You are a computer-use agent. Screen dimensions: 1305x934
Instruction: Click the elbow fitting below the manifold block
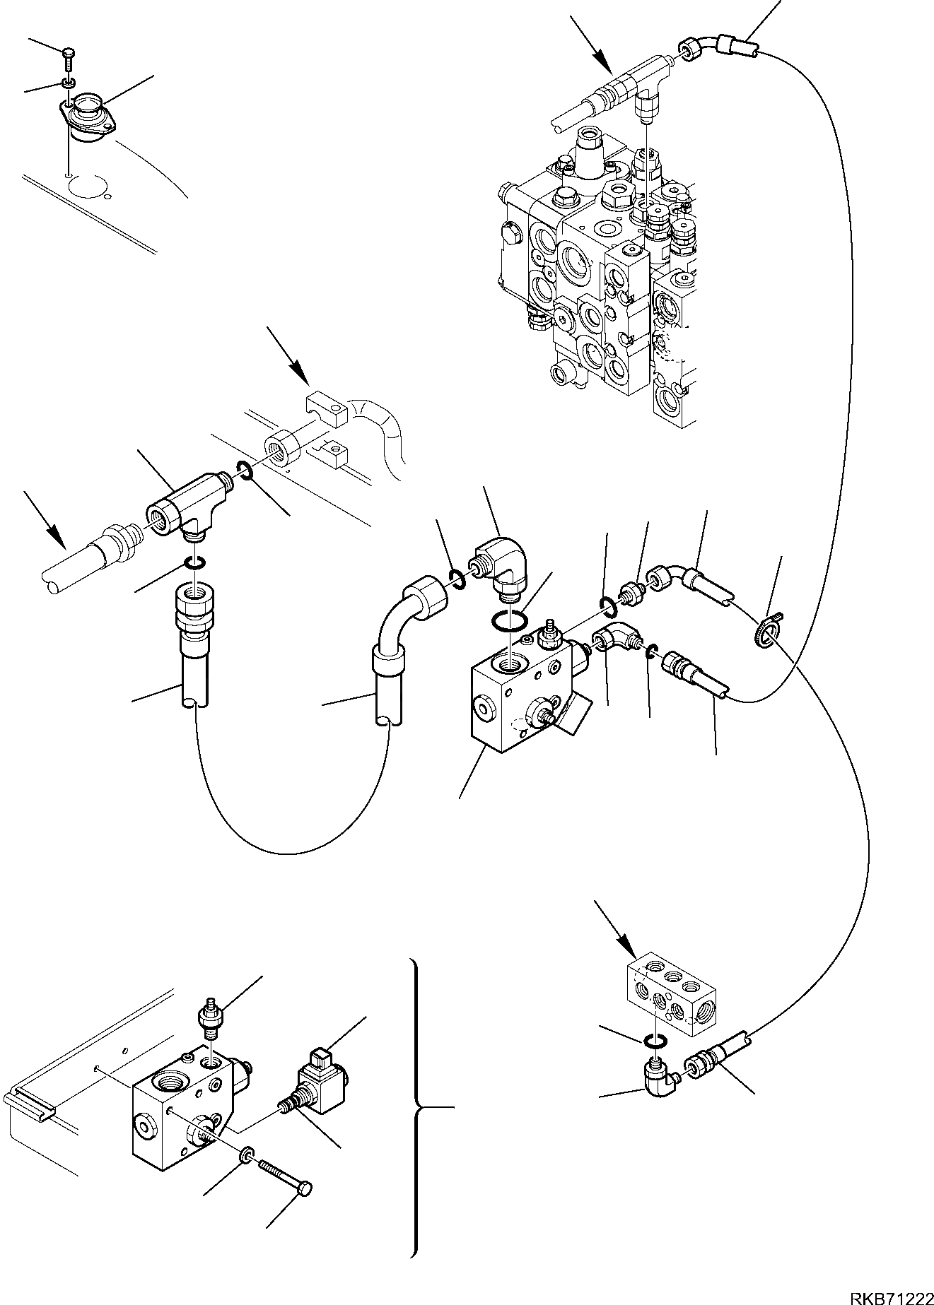(660, 1077)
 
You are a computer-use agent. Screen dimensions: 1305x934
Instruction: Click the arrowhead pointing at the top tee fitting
(602, 64)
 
